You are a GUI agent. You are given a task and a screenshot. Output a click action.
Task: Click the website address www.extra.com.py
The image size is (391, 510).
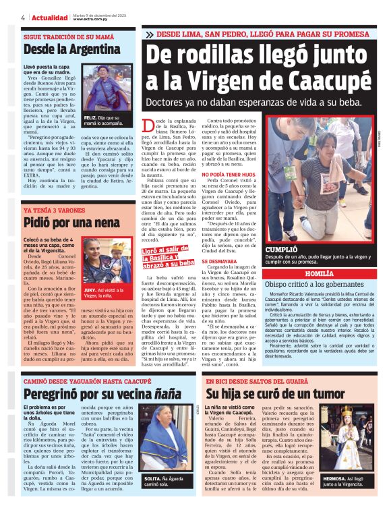tap(93, 20)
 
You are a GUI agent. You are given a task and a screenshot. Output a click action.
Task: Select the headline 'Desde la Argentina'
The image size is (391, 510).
tap(62, 49)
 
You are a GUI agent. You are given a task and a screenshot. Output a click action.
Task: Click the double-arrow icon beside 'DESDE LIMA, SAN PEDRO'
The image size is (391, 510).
tap(148, 34)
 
